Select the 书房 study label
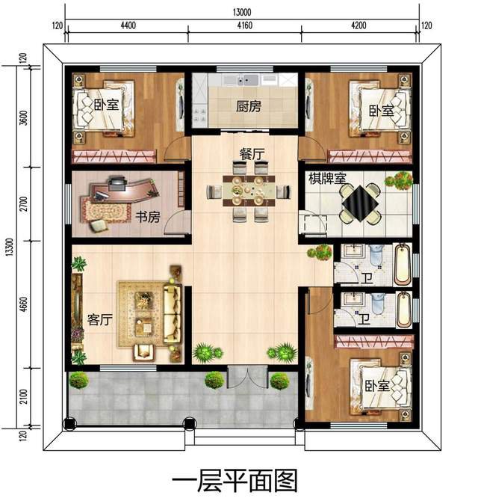pyautogui.click(x=147, y=217)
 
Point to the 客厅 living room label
pyautogui.click(x=99, y=320)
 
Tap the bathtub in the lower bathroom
pyautogui.click(x=404, y=309)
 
